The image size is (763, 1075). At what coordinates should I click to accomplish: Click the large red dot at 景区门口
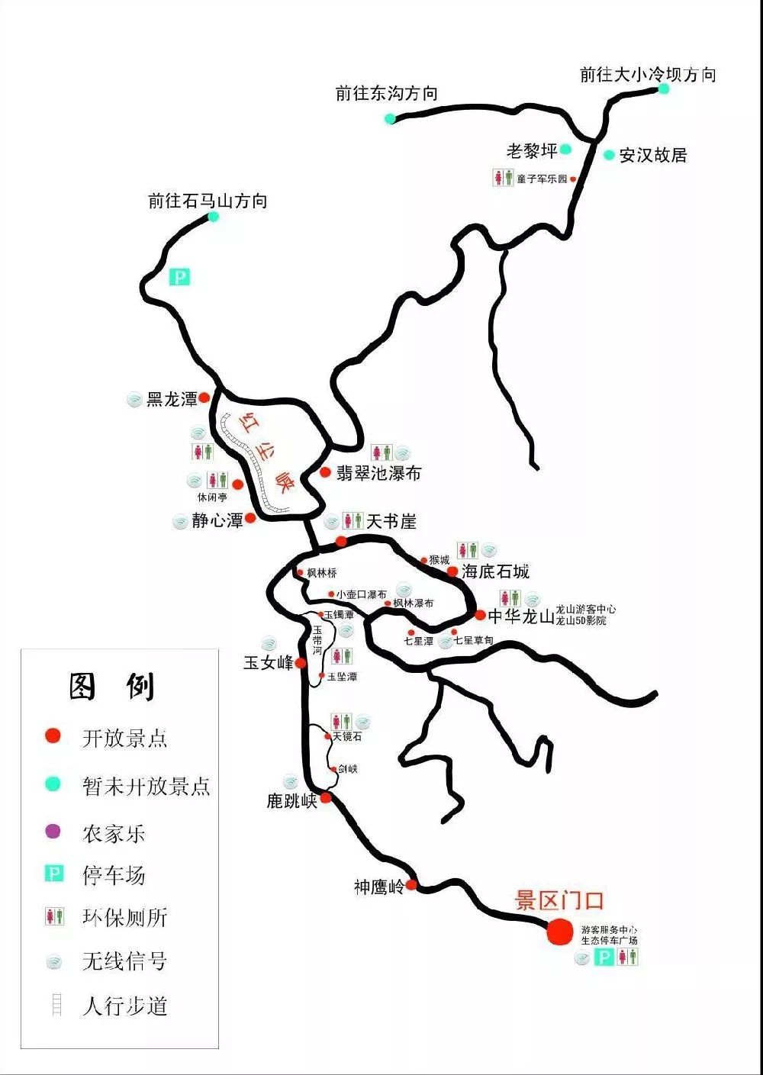[560, 932]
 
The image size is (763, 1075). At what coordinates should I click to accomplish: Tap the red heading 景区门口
[559, 901]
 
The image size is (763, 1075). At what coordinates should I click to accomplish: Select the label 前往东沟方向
[386, 94]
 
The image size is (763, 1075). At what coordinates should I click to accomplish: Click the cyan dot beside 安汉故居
[609, 155]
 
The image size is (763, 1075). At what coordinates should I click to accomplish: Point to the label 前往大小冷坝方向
[648, 75]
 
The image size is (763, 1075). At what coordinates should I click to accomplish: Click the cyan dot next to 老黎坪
[565, 149]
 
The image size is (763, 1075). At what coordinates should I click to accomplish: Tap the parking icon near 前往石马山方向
[179, 277]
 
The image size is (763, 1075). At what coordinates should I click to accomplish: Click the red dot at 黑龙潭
[204, 397]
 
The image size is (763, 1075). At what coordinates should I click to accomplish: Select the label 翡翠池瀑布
[378, 473]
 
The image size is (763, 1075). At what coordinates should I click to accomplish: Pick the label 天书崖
[391, 521]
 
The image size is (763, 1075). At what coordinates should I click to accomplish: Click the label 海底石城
[495, 571]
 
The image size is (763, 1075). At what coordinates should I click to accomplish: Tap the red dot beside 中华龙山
[480, 615]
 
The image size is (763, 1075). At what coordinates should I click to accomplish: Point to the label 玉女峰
[269, 663]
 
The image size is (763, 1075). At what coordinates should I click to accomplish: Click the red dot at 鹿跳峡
[326, 798]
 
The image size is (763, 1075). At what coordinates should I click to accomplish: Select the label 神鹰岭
[378, 887]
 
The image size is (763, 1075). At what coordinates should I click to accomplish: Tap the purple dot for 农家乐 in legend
[53, 832]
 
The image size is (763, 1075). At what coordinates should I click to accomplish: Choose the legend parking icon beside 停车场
[54, 874]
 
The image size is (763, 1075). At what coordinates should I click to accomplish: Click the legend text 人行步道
[124, 1006]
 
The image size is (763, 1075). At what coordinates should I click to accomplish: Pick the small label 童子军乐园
[542, 179]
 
